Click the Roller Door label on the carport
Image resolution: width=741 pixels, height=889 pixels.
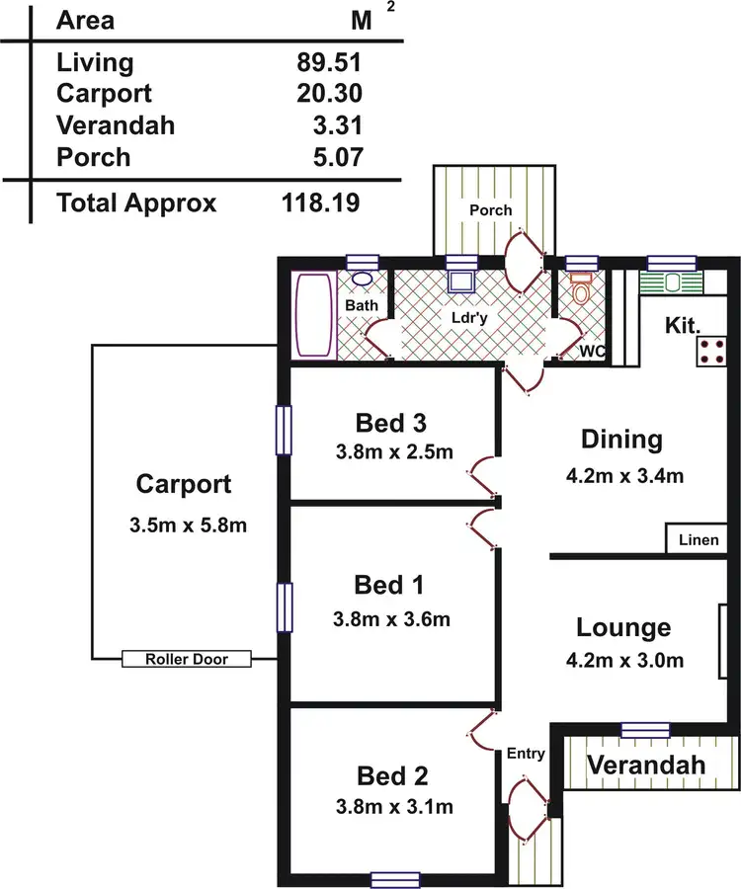point(187,659)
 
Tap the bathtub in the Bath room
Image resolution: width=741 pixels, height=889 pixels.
point(316,316)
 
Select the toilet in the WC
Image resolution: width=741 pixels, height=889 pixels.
point(582,291)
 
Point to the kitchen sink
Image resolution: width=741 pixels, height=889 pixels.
point(672,283)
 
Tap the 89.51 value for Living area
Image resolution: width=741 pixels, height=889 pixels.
point(329,63)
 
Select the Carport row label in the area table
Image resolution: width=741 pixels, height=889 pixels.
point(105,94)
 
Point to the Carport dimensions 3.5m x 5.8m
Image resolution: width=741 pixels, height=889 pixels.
point(188,525)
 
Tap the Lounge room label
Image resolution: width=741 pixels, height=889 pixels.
point(623,627)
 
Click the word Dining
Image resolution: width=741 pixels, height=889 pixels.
point(621,439)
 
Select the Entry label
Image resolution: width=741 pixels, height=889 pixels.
point(526,754)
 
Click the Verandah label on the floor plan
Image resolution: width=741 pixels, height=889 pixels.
point(647,765)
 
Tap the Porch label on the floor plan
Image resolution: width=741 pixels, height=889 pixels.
point(491,210)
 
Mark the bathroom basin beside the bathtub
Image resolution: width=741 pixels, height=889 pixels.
point(363,280)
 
